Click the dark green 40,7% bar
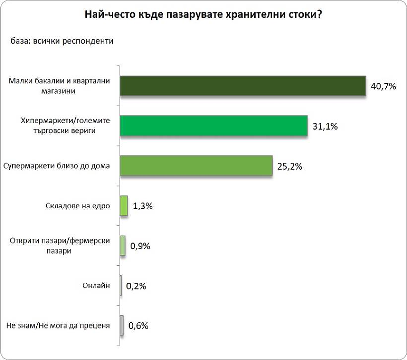(x=243, y=86)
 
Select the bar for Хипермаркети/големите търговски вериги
(x=214, y=126)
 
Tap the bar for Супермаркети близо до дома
(x=196, y=166)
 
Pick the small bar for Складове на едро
(x=124, y=206)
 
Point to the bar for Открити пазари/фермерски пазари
(x=123, y=245)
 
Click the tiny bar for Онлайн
(x=121, y=286)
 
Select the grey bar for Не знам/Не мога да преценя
(x=122, y=325)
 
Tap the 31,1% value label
(x=325, y=127)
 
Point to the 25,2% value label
(x=289, y=166)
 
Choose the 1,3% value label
(x=144, y=206)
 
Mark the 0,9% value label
(x=140, y=246)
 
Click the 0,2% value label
(x=137, y=286)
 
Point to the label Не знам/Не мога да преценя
(x=58, y=326)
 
